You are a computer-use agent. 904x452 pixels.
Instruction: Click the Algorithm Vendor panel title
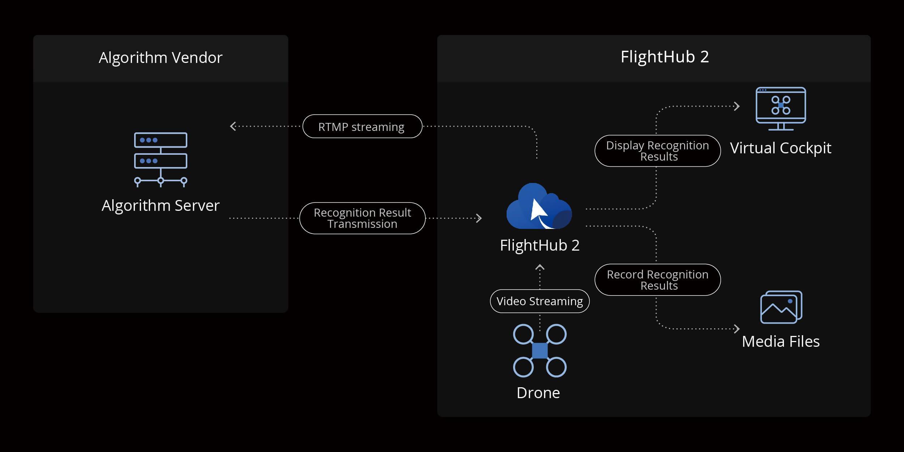(161, 58)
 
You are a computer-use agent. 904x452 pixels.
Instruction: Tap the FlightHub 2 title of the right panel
(665, 57)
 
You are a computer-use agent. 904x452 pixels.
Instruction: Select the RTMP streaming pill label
(362, 127)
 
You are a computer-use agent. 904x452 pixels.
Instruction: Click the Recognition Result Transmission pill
(362, 218)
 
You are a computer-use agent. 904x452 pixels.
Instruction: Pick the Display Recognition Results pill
(657, 151)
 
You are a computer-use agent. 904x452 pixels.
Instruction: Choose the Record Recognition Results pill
(657, 280)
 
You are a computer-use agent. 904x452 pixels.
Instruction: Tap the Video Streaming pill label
(540, 301)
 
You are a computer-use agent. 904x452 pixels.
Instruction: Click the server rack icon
(161, 159)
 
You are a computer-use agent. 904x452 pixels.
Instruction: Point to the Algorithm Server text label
(161, 205)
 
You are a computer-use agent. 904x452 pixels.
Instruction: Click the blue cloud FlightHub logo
(539, 207)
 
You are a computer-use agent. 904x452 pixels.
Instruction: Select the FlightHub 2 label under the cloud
(540, 246)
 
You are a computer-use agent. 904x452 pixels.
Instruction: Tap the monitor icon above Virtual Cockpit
(781, 108)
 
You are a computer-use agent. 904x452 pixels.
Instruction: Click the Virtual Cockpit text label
(781, 148)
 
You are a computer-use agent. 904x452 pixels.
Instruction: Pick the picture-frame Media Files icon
(781, 307)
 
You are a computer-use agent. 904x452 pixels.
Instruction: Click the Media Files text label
(781, 342)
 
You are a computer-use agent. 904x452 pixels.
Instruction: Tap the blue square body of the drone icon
(540, 350)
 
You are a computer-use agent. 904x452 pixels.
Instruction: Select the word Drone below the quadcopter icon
(538, 393)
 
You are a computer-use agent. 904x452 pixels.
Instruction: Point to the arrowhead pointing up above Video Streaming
(540, 268)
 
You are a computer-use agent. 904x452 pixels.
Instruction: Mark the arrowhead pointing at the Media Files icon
(737, 329)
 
